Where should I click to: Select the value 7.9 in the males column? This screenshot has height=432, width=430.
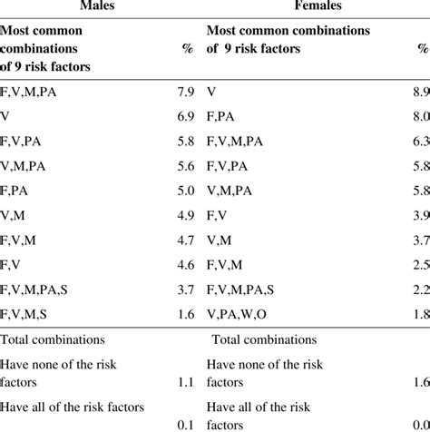click(x=183, y=92)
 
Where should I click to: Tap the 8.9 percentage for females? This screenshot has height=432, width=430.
click(x=419, y=92)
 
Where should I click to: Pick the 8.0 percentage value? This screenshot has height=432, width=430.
click(x=419, y=116)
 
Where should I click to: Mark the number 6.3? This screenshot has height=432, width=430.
click(x=419, y=142)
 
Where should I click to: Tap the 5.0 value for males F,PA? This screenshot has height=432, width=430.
click(x=183, y=191)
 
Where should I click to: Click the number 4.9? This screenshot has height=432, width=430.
click(x=183, y=215)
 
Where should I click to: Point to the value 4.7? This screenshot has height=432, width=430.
click(x=183, y=241)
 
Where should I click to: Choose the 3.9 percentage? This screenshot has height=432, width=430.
click(x=419, y=215)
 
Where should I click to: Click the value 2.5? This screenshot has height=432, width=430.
click(x=419, y=265)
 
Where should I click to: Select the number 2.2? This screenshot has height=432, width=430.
click(x=419, y=290)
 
